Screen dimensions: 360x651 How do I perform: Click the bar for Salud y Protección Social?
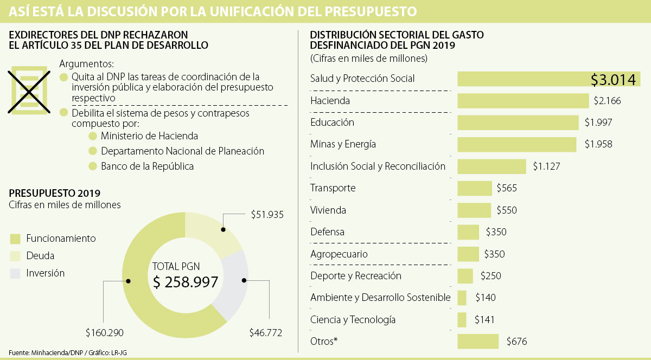[548, 79]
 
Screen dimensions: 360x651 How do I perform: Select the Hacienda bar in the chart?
[523, 100]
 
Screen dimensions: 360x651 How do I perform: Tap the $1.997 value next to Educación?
[598, 123]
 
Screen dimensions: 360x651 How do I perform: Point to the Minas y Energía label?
[343, 144]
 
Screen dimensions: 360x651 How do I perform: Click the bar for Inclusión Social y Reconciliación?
[492, 166]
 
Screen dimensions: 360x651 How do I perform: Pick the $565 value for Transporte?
[507, 188]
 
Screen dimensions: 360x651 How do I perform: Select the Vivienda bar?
[474, 210]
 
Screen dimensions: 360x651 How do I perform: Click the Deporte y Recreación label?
[356, 275]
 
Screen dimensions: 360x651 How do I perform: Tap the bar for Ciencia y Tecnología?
[462, 319]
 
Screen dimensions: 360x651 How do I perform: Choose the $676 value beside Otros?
[516, 342]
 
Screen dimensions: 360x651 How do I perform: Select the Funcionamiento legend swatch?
[15, 239]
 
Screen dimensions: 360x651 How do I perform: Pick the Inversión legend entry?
[45, 273]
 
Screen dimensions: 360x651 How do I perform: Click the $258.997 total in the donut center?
[185, 282]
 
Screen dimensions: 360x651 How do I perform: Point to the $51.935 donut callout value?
[267, 214]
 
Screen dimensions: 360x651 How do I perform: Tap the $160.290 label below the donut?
[105, 332]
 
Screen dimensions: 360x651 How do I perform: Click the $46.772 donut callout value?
[265, 332]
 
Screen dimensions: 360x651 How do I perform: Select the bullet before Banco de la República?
[92, 166]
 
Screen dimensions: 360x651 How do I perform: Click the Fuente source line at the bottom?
[68, 353]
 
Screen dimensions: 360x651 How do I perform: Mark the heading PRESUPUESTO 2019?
[54, 193]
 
